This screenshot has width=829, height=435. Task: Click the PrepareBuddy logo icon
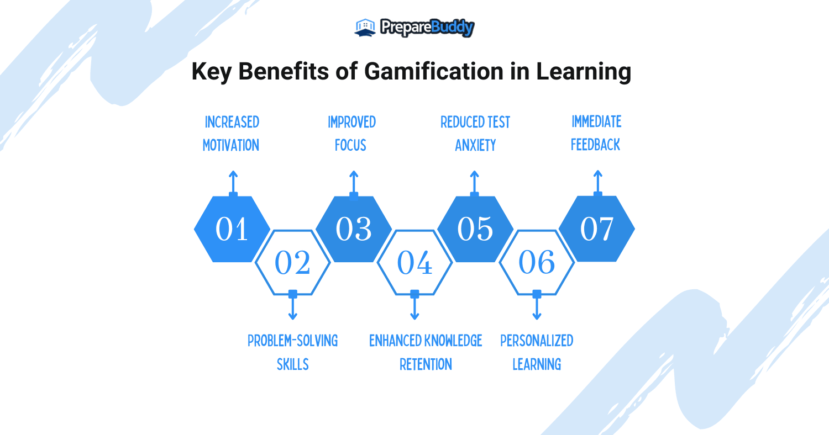click(365, 28)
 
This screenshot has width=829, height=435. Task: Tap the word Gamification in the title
click(434, 71)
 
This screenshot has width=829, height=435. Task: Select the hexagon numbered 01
click(232, 229)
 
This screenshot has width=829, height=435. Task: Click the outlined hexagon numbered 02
click(293, 262)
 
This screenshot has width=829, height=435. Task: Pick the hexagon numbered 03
click(354, 229)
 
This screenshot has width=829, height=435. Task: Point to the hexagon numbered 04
click(414, 262)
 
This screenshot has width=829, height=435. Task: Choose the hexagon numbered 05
click(475, 229)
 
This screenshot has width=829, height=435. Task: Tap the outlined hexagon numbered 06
click(537, 262)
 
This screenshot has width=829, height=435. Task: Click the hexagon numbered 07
click(597, 229)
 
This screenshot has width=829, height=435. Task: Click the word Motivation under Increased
click(231, 145)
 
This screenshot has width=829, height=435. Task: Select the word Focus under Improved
click(350, 145)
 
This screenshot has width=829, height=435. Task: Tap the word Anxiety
click(475, 145)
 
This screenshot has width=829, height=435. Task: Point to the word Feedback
click(595, 145)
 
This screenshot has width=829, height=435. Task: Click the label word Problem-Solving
click(293, 341)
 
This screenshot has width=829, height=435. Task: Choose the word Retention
click(426, 364)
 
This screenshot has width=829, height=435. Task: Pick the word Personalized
click(537, 341)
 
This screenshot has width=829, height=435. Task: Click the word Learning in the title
click(584, 71)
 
